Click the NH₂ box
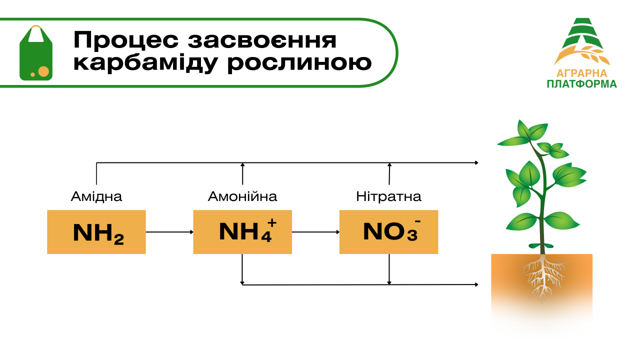96,232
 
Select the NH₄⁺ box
242,232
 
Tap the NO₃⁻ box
388,232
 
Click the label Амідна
96,196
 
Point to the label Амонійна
242,196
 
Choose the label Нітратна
388,196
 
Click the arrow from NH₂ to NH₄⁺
169,232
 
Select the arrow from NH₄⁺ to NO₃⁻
315,232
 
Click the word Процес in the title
119,40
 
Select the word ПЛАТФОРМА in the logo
581,84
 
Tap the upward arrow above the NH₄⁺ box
242,173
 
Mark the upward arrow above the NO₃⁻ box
389,173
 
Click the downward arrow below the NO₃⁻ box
389,269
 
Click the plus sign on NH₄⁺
272,223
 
